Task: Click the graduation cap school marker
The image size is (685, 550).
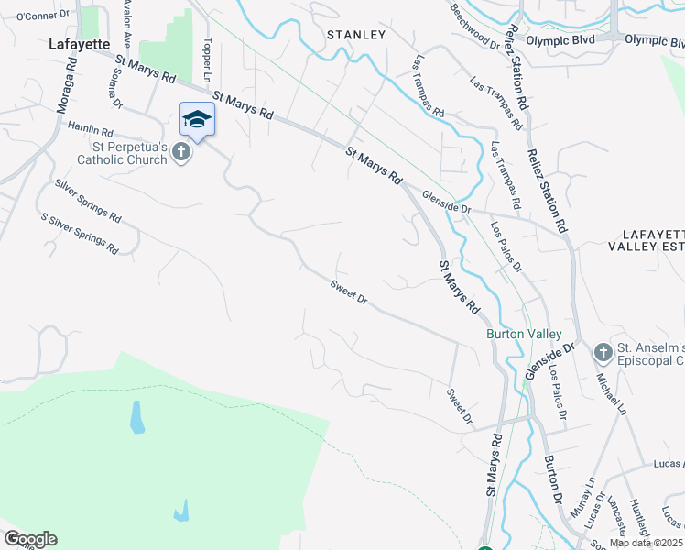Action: (197, 119)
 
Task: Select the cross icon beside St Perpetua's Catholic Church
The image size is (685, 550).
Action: (181, 152)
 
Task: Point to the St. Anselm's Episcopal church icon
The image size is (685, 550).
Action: (603, 352)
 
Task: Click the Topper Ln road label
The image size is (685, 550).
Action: (209, 58)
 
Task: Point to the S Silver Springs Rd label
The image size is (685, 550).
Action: (80, 234)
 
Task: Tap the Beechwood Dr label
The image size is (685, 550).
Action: (475, 27)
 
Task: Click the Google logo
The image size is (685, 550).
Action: (30, 539)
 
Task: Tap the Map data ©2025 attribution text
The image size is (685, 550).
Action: (646, 543)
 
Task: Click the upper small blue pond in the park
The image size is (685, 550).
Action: (136, 418)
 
